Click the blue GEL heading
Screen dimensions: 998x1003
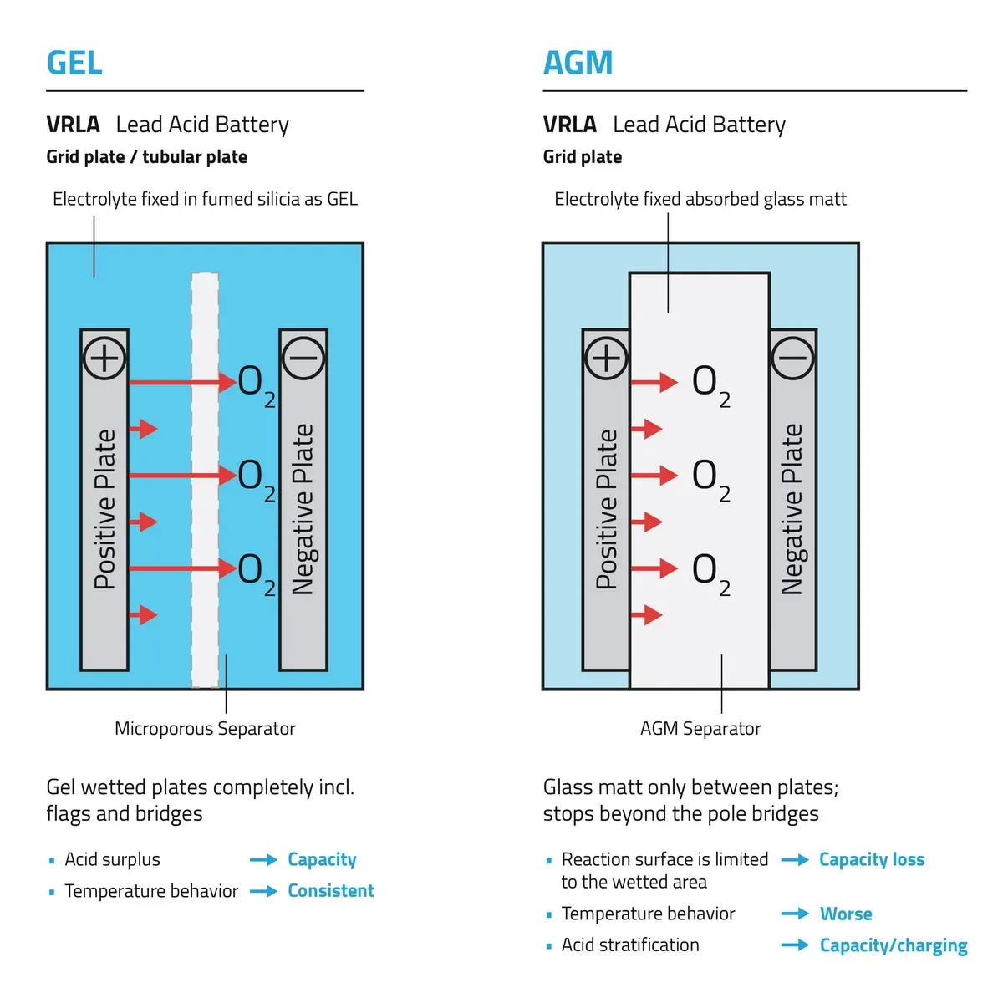pos(74,63)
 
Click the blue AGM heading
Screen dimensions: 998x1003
pos(578,63)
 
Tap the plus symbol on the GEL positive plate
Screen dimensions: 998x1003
pos(104,359)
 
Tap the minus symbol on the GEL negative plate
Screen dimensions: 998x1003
pos(303,359)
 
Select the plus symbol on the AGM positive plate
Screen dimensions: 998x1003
pos(606,359)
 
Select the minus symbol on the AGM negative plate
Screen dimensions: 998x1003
pos(792,359)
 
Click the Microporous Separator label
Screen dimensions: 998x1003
pos(205,729)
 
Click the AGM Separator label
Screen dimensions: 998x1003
pos(700,729)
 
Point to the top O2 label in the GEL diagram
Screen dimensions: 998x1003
pos(256,384)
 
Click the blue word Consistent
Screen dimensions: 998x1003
pos(331,891)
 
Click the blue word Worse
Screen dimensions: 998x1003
pos(846,914)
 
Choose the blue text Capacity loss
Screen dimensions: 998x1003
pos(872,859)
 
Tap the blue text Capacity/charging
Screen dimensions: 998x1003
pos(894,945)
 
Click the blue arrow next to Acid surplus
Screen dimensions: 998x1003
pos(263,860)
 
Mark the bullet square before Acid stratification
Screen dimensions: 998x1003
pos(548,946)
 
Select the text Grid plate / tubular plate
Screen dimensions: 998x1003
pos(146,157)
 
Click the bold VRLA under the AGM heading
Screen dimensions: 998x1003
pos(569,125)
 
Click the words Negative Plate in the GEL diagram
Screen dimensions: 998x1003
pos(303,508)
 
